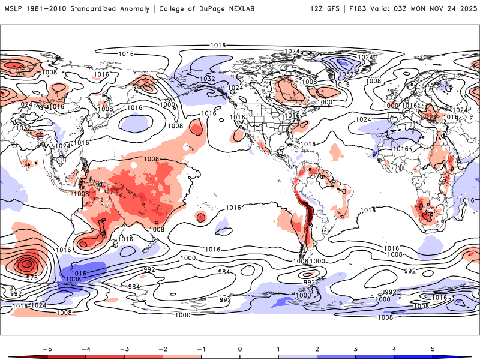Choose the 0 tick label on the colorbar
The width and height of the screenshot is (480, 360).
click(x=240, y=348)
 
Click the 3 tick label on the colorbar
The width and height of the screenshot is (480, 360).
click(x=356, y=348)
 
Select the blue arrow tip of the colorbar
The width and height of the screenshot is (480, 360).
click(x=467, y=357)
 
